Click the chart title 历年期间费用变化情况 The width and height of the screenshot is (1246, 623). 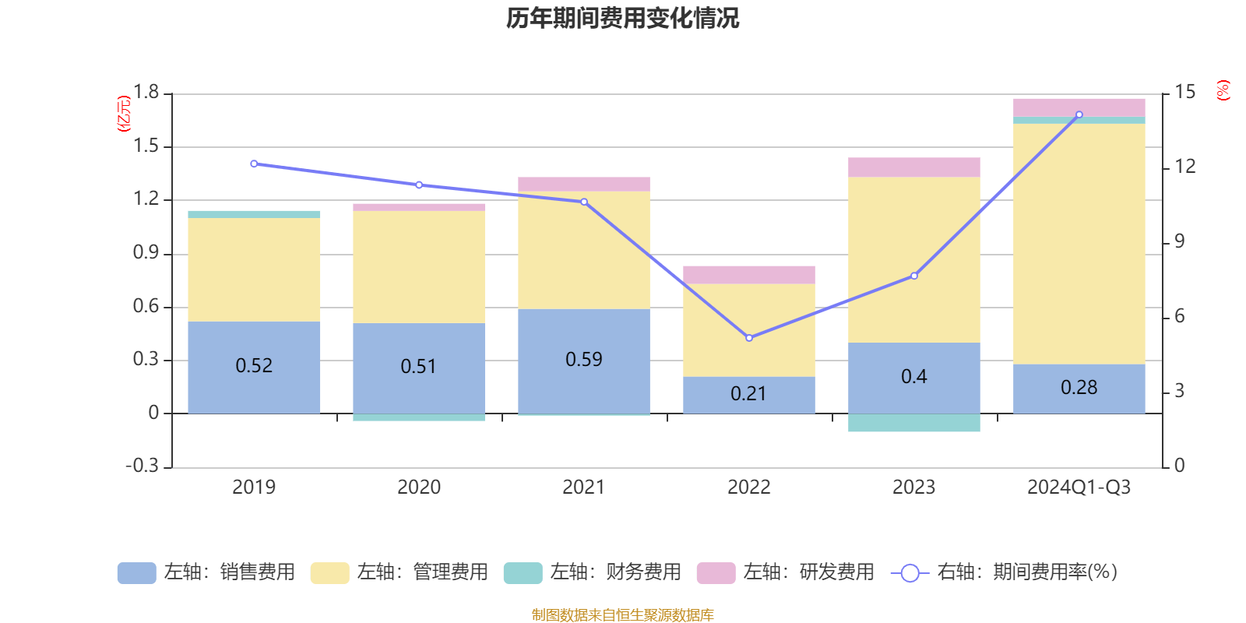tap(622, 18)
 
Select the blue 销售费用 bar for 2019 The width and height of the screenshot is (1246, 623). tap(254, 367)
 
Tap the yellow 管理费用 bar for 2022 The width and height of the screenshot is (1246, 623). tap(749, 330)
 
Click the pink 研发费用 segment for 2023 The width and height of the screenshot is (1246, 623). tap(914, 167)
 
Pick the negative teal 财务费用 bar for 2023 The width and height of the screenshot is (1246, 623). tap(914, 423)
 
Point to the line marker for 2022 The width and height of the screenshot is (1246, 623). tap(749, 338)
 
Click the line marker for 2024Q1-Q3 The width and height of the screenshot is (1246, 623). tap(1079, 115)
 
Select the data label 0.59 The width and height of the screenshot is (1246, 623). tap(584, 359)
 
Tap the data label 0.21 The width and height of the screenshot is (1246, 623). tap(748, 394)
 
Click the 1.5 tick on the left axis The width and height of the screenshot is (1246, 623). tap(146, 146)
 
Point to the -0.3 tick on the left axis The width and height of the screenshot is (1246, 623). tap(143, 466)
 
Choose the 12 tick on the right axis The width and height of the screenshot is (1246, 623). tap(1185, 167)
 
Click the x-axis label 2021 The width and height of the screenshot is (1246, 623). tap(583, 487)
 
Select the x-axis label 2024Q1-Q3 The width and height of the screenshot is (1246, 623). tap(1079, 487)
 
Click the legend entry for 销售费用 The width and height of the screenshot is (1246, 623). tap(206, 572)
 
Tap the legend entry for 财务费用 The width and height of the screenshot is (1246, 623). tap(593, 572)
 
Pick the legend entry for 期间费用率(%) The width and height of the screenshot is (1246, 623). tap(1004, 572)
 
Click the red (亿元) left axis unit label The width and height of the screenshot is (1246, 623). tap(123, 114)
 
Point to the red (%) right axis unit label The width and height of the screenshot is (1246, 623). tap(1223, 90)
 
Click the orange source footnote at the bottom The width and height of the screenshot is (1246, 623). tap(622, 615)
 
